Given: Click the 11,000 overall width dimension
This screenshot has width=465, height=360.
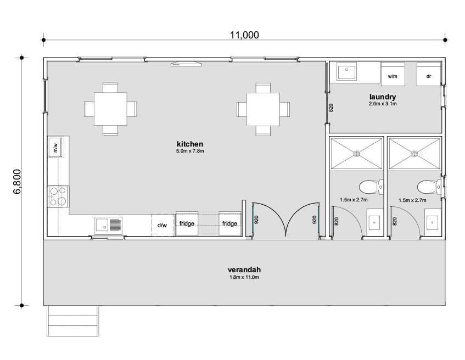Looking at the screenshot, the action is (x=244, y=35).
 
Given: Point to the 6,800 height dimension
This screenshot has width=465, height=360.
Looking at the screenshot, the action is (x=18, y=182).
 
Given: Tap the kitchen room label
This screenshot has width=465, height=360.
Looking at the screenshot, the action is (x=190, y=144).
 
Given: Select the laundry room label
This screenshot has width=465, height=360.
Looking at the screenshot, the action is (x=383, y=97).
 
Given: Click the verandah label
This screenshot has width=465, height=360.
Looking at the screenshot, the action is (x=244, y=269).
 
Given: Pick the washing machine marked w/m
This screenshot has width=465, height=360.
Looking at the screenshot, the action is (x=393, y=73).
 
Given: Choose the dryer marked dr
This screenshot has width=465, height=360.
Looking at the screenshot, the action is (x=429, y=74).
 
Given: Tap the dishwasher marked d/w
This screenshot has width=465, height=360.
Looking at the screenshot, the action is (x=162, y=225).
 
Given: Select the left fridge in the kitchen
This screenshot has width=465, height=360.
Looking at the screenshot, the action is (x=187, y=223).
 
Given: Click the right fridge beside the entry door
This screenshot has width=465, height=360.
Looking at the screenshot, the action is (x=229, y=223).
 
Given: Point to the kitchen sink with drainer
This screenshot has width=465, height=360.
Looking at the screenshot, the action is (x=108, y=226).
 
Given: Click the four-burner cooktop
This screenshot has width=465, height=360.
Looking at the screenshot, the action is (x=58, y=196).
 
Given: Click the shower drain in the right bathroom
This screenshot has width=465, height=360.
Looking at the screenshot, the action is (x=414, y=154).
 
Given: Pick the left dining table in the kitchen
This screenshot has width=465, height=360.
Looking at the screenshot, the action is (x=110, y=109).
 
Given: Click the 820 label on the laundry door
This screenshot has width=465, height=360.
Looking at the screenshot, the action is (x=331, y=108).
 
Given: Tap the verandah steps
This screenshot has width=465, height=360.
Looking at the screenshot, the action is (x=72, y=320).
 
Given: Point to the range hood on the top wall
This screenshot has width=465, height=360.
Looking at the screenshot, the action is (x=186, y=64).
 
